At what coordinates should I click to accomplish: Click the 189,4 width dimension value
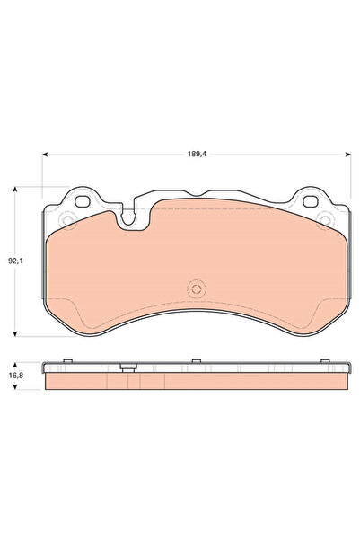pos(197,155)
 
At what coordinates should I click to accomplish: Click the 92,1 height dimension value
pos(15,261)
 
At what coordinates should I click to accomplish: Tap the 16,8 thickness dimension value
pos(16,376)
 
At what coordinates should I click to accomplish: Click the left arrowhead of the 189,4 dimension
pos(45,155)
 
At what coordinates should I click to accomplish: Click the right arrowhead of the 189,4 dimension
pos(348,155)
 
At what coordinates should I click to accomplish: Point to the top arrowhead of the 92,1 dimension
pos(14,190)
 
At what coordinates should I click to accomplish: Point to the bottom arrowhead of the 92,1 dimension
pos(14,333)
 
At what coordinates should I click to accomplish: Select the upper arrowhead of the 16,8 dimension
pos(14,365)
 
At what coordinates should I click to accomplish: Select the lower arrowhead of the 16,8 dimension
pos(14,386)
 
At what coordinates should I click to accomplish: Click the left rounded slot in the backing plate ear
pos(83,201)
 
